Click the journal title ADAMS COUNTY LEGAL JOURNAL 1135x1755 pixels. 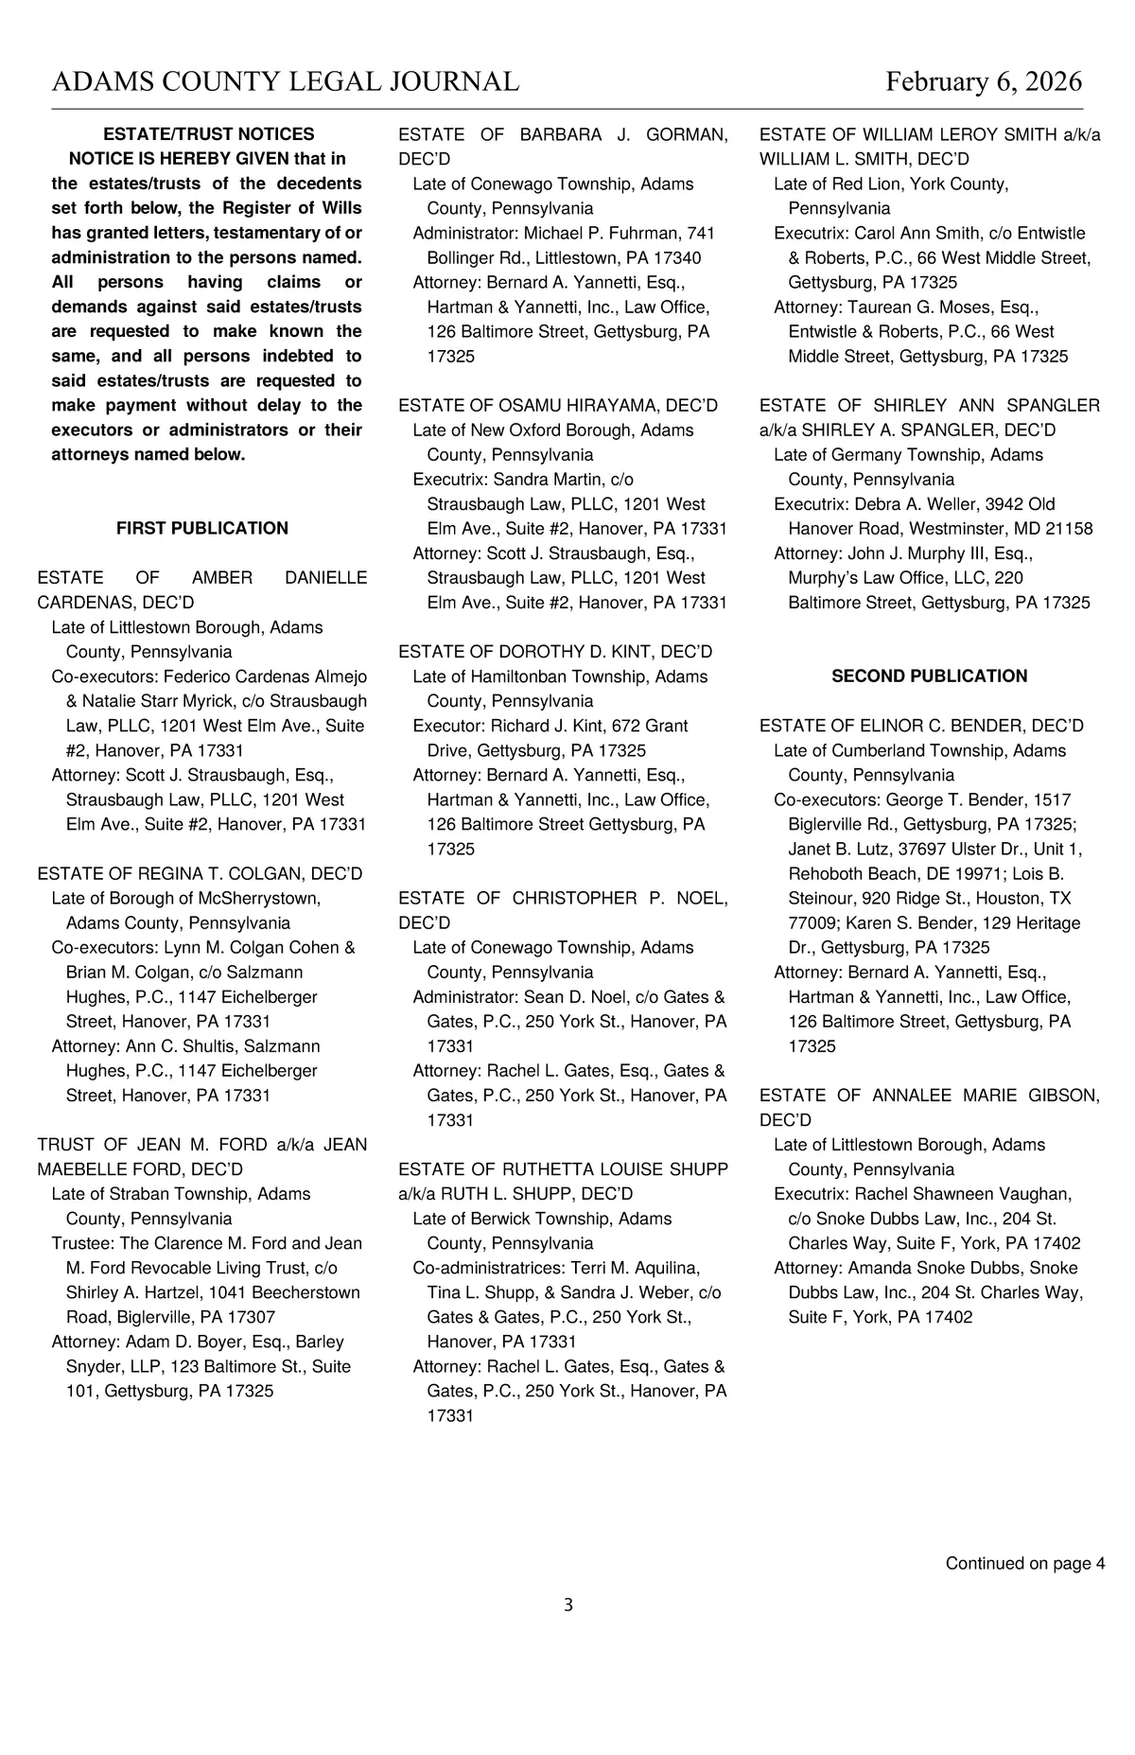(285, 82)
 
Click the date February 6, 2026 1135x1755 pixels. (984, 82)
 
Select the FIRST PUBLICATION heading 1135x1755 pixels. (202, 528)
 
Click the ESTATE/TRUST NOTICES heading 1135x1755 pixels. (208, 134)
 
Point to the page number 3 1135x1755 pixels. (567, 1605)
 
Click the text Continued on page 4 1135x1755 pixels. (1025, 1563)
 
